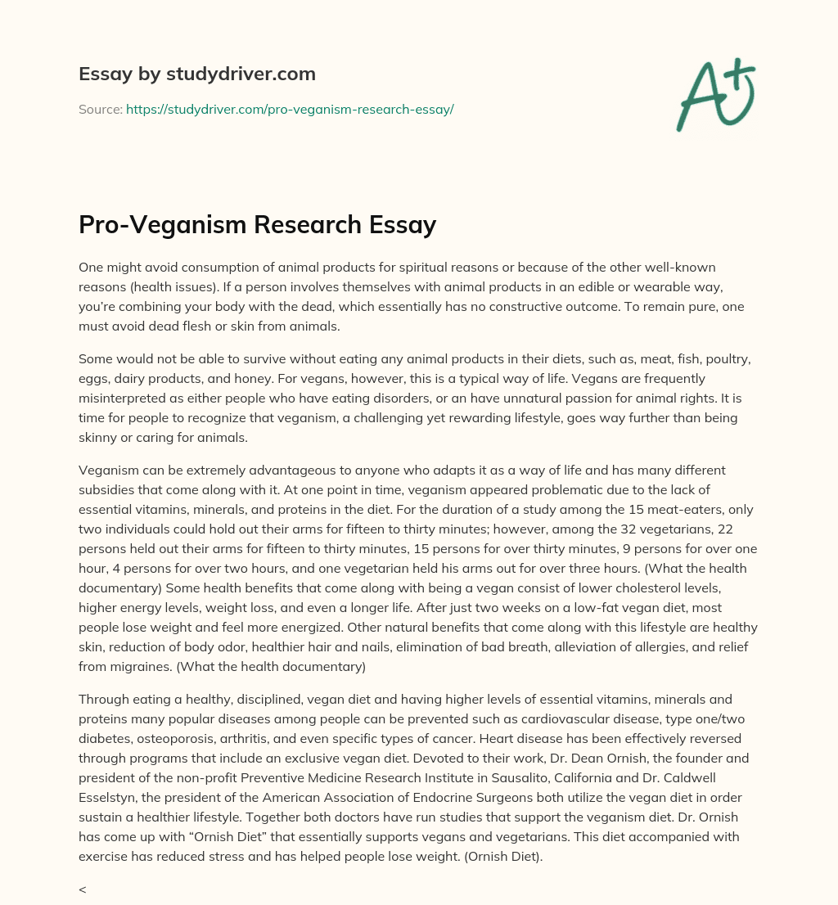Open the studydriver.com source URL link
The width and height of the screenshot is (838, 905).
[x=290, y=109]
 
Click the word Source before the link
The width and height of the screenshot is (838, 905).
[x=99, y=109]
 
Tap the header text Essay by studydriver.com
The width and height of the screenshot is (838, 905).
[x=197, y=74]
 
